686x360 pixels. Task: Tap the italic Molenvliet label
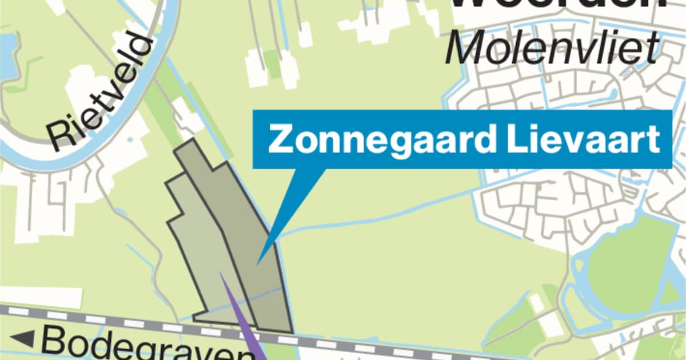(552, 49)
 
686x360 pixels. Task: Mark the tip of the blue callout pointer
(258, 263)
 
